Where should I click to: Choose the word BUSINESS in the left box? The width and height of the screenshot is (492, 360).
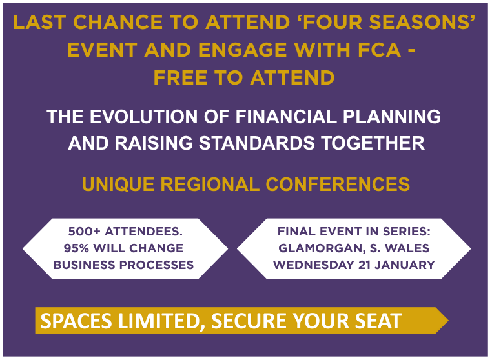[82, 265]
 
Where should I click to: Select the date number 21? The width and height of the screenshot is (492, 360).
[362, 265]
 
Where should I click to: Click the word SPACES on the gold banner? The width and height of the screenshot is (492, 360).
[75, 321]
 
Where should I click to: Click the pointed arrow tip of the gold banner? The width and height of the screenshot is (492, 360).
[446, 321]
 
